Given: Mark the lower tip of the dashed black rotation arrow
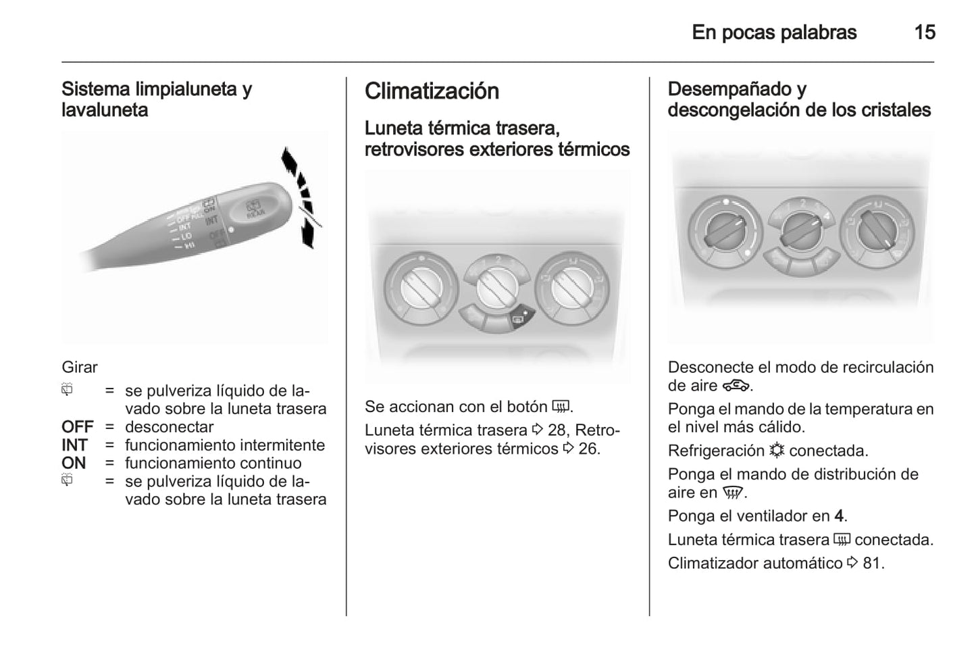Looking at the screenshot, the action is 311,248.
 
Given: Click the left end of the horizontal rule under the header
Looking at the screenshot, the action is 62,62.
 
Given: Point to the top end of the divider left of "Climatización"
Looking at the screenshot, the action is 346,78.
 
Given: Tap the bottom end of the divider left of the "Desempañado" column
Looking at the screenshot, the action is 649,616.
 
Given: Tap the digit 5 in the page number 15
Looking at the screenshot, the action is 929,32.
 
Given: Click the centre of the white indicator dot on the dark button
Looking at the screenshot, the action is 526,313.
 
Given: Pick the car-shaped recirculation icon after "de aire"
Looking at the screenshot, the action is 736,386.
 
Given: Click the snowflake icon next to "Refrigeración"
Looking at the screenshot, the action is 777,450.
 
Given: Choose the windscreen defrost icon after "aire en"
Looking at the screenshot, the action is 733,493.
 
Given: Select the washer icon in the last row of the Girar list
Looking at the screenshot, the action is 67,480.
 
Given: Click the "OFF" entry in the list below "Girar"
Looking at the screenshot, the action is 78,427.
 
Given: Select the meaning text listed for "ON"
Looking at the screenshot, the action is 213,463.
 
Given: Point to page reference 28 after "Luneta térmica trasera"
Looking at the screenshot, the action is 557,430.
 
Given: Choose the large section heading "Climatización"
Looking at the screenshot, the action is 432,91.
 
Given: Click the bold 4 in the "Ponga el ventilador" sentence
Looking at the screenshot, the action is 839,516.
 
